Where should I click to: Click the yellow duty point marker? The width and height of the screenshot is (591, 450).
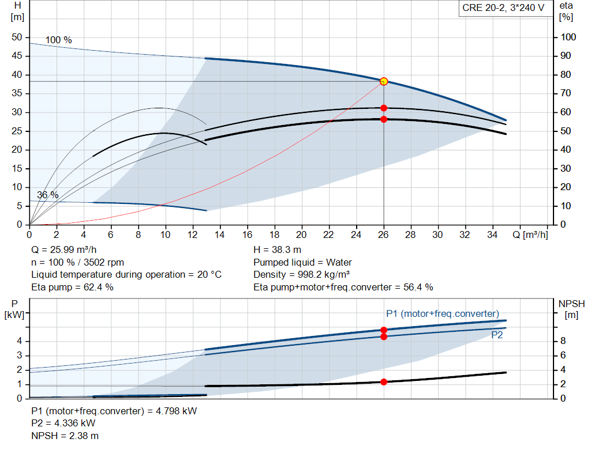384,82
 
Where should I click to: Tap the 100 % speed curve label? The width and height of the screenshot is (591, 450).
58,40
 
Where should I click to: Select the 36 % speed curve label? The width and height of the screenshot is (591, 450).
48,195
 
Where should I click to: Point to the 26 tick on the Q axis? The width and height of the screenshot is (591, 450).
383,235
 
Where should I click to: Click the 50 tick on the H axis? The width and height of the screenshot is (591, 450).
17,37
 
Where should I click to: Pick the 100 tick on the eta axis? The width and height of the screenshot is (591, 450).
568,37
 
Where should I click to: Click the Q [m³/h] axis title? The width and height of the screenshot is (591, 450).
530,235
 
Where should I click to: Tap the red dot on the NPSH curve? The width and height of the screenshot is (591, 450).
384,382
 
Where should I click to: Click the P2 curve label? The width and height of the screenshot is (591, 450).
497,335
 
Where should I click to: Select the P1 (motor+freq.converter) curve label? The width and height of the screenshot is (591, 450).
443,314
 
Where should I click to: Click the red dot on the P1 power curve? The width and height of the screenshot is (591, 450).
384,330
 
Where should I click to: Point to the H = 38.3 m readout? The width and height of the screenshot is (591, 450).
278,250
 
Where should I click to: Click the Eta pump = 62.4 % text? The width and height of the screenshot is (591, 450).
72,288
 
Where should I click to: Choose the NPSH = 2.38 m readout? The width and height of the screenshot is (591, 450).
65,436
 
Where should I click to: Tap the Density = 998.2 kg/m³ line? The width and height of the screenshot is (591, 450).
301,275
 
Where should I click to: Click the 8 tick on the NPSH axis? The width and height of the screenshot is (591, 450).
563,341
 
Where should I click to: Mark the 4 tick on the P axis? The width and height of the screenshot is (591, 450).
19,341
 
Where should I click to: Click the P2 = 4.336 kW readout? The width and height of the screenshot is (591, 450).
63,423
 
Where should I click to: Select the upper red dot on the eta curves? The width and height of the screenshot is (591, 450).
384,108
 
